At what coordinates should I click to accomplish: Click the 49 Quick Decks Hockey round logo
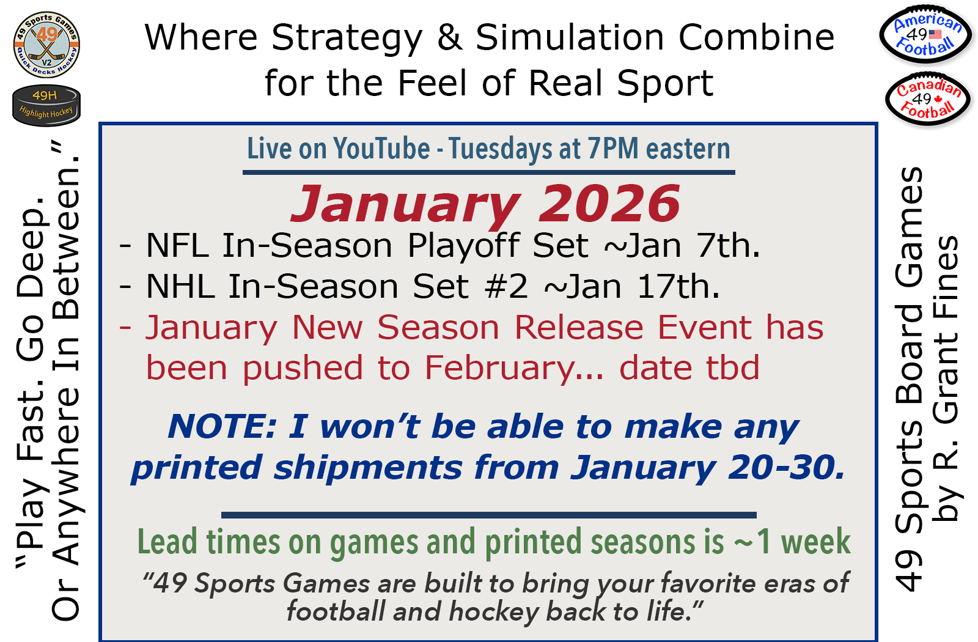tap(46, 45)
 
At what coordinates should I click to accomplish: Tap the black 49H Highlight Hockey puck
tap(46, 105)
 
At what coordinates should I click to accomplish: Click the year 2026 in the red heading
tap(609, 204)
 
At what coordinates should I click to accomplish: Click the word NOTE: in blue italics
tap(222, 426)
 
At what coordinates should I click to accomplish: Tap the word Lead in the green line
tap(167, 542)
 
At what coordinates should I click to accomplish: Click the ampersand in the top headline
tap(450, 37)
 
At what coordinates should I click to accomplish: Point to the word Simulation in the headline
tap(570, 37)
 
